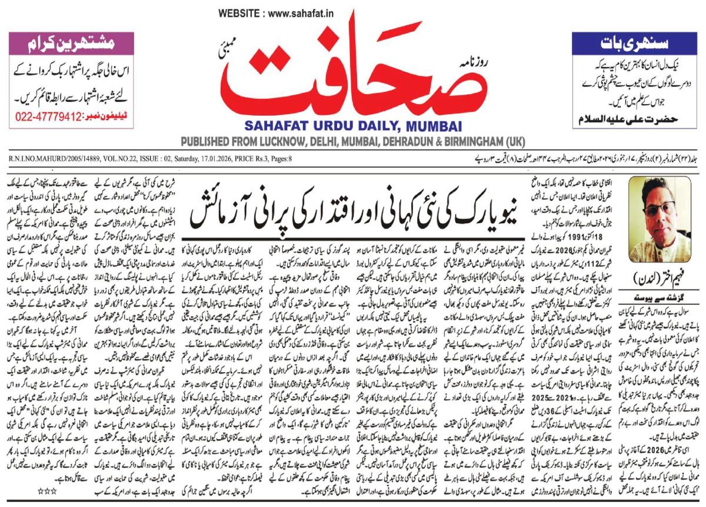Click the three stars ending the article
tap(46, 490)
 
